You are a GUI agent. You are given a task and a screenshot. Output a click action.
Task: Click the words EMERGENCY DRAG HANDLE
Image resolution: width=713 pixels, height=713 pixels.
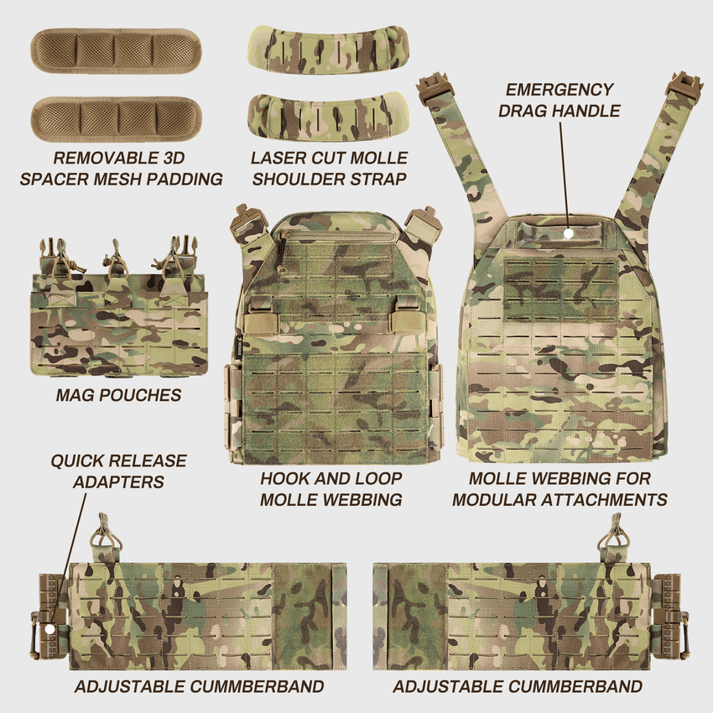[x=559, y=100]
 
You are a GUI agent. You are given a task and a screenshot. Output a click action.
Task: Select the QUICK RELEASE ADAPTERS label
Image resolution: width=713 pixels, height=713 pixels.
[x=118, y=471]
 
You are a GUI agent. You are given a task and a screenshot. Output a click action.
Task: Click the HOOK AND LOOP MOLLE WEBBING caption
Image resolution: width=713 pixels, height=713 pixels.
[x=330, y=489]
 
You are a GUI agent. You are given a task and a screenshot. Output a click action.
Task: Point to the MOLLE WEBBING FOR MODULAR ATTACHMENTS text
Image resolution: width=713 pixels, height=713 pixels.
[x=559, y=489]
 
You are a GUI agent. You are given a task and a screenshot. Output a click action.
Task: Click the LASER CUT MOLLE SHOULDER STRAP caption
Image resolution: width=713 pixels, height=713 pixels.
[x=329, y=168]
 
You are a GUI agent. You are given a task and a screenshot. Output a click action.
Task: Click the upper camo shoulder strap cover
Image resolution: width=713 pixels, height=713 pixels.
[x=329, y=49]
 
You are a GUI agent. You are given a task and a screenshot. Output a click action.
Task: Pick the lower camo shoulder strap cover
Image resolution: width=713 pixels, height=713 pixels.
[x=329, y=117]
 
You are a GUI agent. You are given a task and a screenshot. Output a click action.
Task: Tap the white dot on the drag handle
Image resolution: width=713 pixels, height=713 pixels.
[x=568, y=233]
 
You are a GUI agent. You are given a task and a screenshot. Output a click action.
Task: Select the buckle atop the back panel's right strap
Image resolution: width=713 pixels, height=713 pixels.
[x=684, y=86]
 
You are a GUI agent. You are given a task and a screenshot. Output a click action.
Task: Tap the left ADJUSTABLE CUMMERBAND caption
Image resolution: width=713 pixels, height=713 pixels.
[x=200, y=687]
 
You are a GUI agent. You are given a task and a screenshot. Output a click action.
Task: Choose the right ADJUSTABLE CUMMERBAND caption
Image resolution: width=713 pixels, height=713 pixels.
[x=518, y=687]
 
